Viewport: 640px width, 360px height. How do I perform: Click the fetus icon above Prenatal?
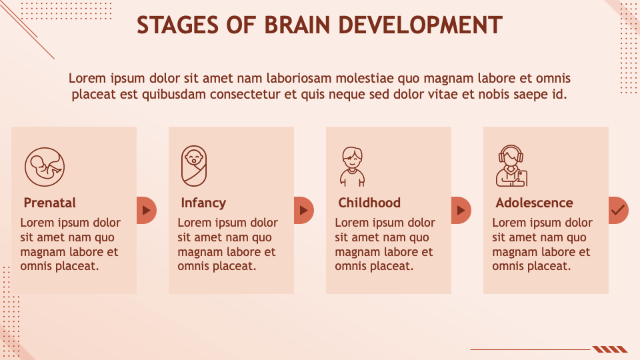45,167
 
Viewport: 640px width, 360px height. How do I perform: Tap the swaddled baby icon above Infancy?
194,165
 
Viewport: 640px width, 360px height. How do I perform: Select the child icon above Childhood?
352,167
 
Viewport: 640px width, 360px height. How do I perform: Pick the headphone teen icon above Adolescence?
511,166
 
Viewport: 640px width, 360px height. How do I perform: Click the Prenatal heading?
49,203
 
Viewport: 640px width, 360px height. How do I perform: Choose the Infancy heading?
203,203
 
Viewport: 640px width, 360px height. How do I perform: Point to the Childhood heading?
369,203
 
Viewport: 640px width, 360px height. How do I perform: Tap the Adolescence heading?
534,203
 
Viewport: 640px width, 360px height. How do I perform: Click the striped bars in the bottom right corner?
610,349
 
